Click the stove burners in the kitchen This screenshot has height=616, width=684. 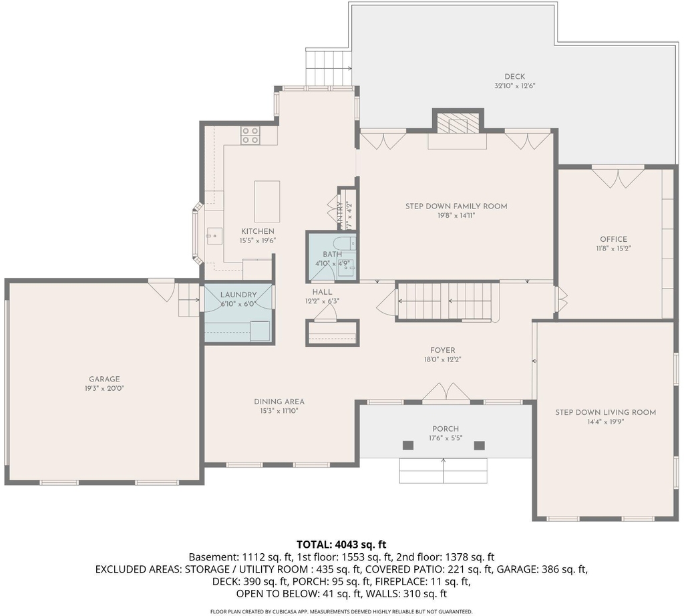tap(250, 135)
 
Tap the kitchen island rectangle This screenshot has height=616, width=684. tap(267, 202)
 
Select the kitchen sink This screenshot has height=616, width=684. tap(214, 236)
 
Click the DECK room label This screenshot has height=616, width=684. tap(515, 77)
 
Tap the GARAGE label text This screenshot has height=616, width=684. tap(104, 379)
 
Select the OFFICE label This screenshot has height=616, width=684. tap(613, 239)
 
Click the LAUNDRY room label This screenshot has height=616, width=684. tap(238, 295)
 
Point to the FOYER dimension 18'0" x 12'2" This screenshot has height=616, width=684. tap(443, 360)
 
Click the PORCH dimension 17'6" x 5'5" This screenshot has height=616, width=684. tap(446, 438)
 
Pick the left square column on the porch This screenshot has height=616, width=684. tap(408, 446)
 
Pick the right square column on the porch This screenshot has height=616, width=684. tap(480, 446)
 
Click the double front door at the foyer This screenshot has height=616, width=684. tap(446, 392)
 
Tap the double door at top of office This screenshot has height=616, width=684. tap(618, 176)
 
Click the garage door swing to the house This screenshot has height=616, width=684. tap(162, 290)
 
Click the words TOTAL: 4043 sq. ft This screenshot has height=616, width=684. tap(341, 544)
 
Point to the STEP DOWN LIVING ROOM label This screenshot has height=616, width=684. tap(605, 412)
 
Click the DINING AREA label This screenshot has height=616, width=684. tap(279, 402)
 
